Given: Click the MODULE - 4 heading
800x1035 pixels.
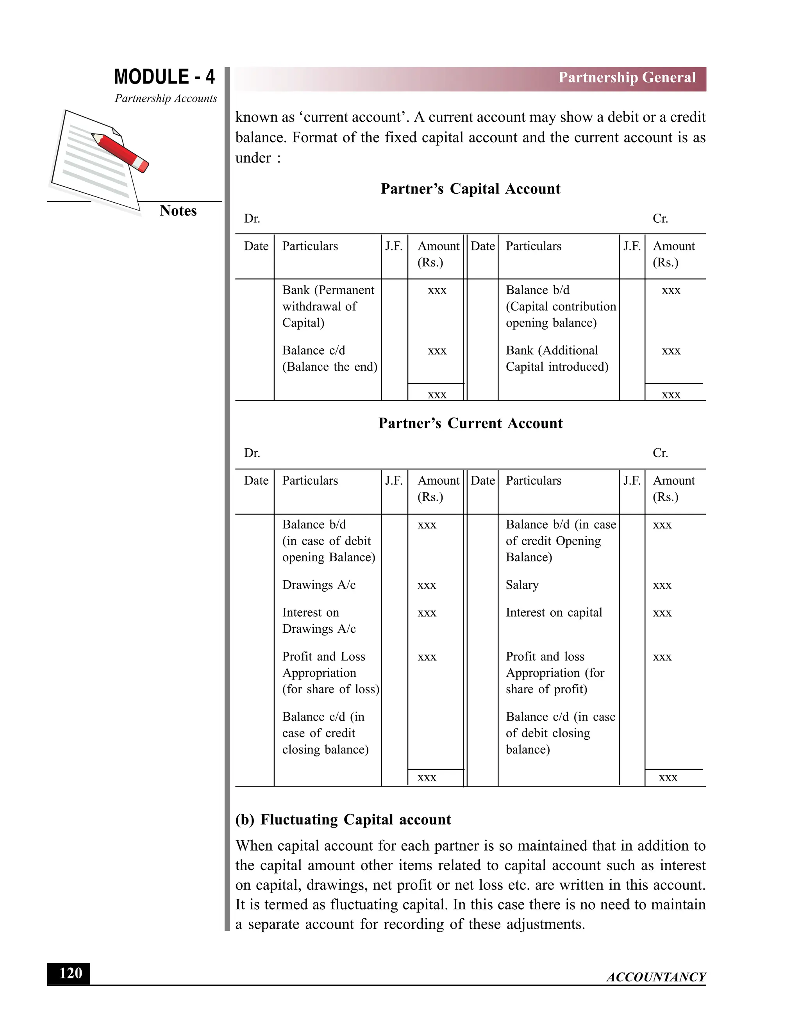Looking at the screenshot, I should pos(164,77).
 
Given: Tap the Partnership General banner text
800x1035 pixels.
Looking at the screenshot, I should pos(627,78).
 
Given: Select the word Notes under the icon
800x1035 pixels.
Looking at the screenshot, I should pos(178,211).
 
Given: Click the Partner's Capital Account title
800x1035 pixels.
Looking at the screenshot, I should pos(470,189).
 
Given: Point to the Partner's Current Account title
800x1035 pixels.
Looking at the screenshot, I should pos(470,423).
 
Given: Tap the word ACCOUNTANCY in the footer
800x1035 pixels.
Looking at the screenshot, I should pos(656,977).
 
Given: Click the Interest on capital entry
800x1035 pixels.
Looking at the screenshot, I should pos(554,613).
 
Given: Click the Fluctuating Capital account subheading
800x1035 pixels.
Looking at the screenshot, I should pos(343,819).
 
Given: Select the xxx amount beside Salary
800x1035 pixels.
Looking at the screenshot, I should pos(662,586).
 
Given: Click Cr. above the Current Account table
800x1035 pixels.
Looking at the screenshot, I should pos(660,453).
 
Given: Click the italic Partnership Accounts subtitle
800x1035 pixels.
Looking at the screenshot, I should pos(165,98).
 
